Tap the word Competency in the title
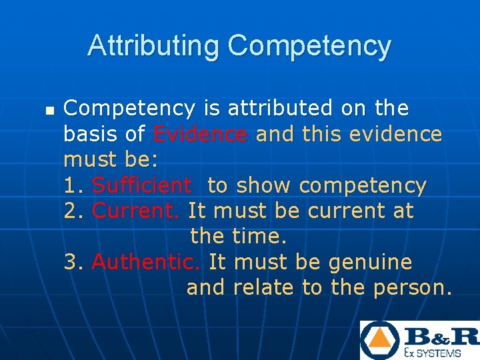[309, 47]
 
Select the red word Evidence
[200, 134]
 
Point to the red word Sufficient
[141, 185]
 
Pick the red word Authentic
[145, 262]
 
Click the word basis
[90, 134]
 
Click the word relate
[265, 288]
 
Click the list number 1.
[71, 185]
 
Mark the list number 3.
[71, 262]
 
